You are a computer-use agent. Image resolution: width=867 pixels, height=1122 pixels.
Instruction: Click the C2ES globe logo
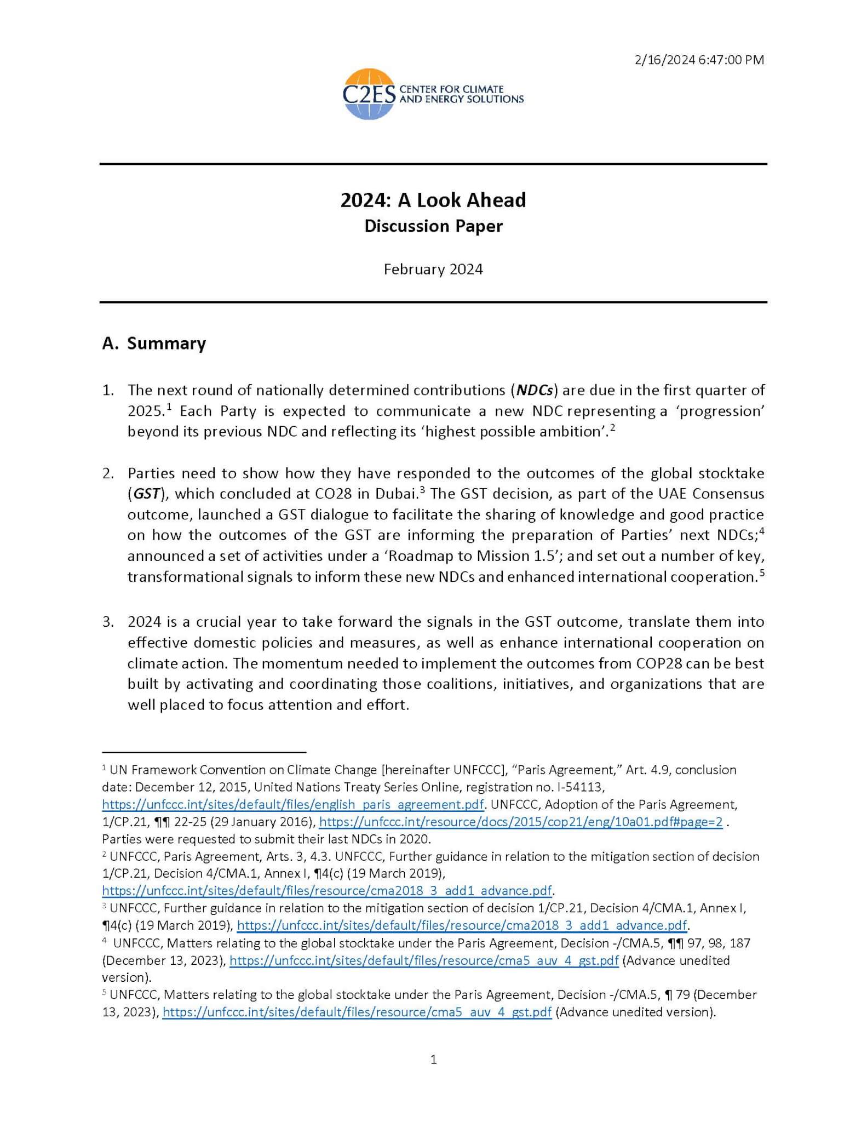[x=368, y=94]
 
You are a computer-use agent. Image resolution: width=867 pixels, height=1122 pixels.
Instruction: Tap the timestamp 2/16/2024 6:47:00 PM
[x=699, y=60]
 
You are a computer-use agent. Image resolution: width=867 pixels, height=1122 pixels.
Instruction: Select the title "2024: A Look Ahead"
[x=433, y=200]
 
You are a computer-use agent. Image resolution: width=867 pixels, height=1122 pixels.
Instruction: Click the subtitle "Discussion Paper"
[x=433, y=226]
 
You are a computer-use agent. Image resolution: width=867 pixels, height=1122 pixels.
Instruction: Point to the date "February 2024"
[x=433, y=270]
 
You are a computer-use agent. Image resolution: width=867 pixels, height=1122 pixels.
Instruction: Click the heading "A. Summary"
[x=154, y=344]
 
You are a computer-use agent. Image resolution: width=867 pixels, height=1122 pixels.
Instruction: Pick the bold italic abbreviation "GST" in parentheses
[x=146, y=494]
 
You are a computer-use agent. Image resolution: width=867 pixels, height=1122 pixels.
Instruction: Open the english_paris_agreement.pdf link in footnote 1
[x=293, y=805]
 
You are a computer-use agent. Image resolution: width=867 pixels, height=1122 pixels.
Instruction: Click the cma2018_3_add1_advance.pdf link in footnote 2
[x=327, y=891]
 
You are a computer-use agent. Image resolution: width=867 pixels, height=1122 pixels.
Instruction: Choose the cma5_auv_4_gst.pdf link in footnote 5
[x=357, y=1012]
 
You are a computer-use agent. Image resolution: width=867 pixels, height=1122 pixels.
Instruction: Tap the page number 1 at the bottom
[x=434, y=1060]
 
